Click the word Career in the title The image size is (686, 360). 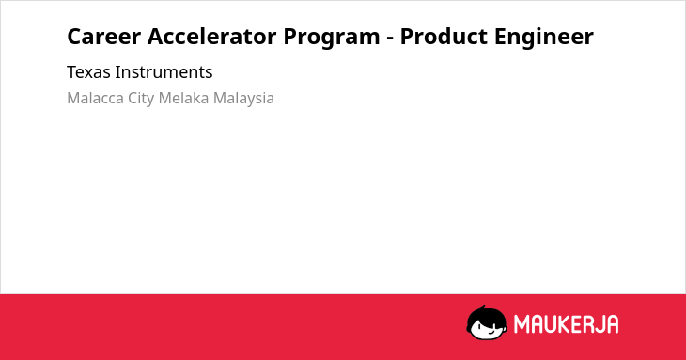point(103,37)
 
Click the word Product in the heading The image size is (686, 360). point(444,37)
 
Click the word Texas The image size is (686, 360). point(88,72)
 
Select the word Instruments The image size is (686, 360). point(164,72)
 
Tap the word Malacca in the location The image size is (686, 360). point(95,98)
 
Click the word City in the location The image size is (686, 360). point(141,99)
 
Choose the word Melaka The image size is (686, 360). point(183,98)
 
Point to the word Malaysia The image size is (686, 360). point(243,99)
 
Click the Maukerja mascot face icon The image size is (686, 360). point(487,322)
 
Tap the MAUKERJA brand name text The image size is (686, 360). point(566,324)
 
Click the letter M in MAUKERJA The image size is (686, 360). point(522,324)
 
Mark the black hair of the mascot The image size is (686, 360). point(486,315)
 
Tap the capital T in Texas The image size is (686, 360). point(71,72)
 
